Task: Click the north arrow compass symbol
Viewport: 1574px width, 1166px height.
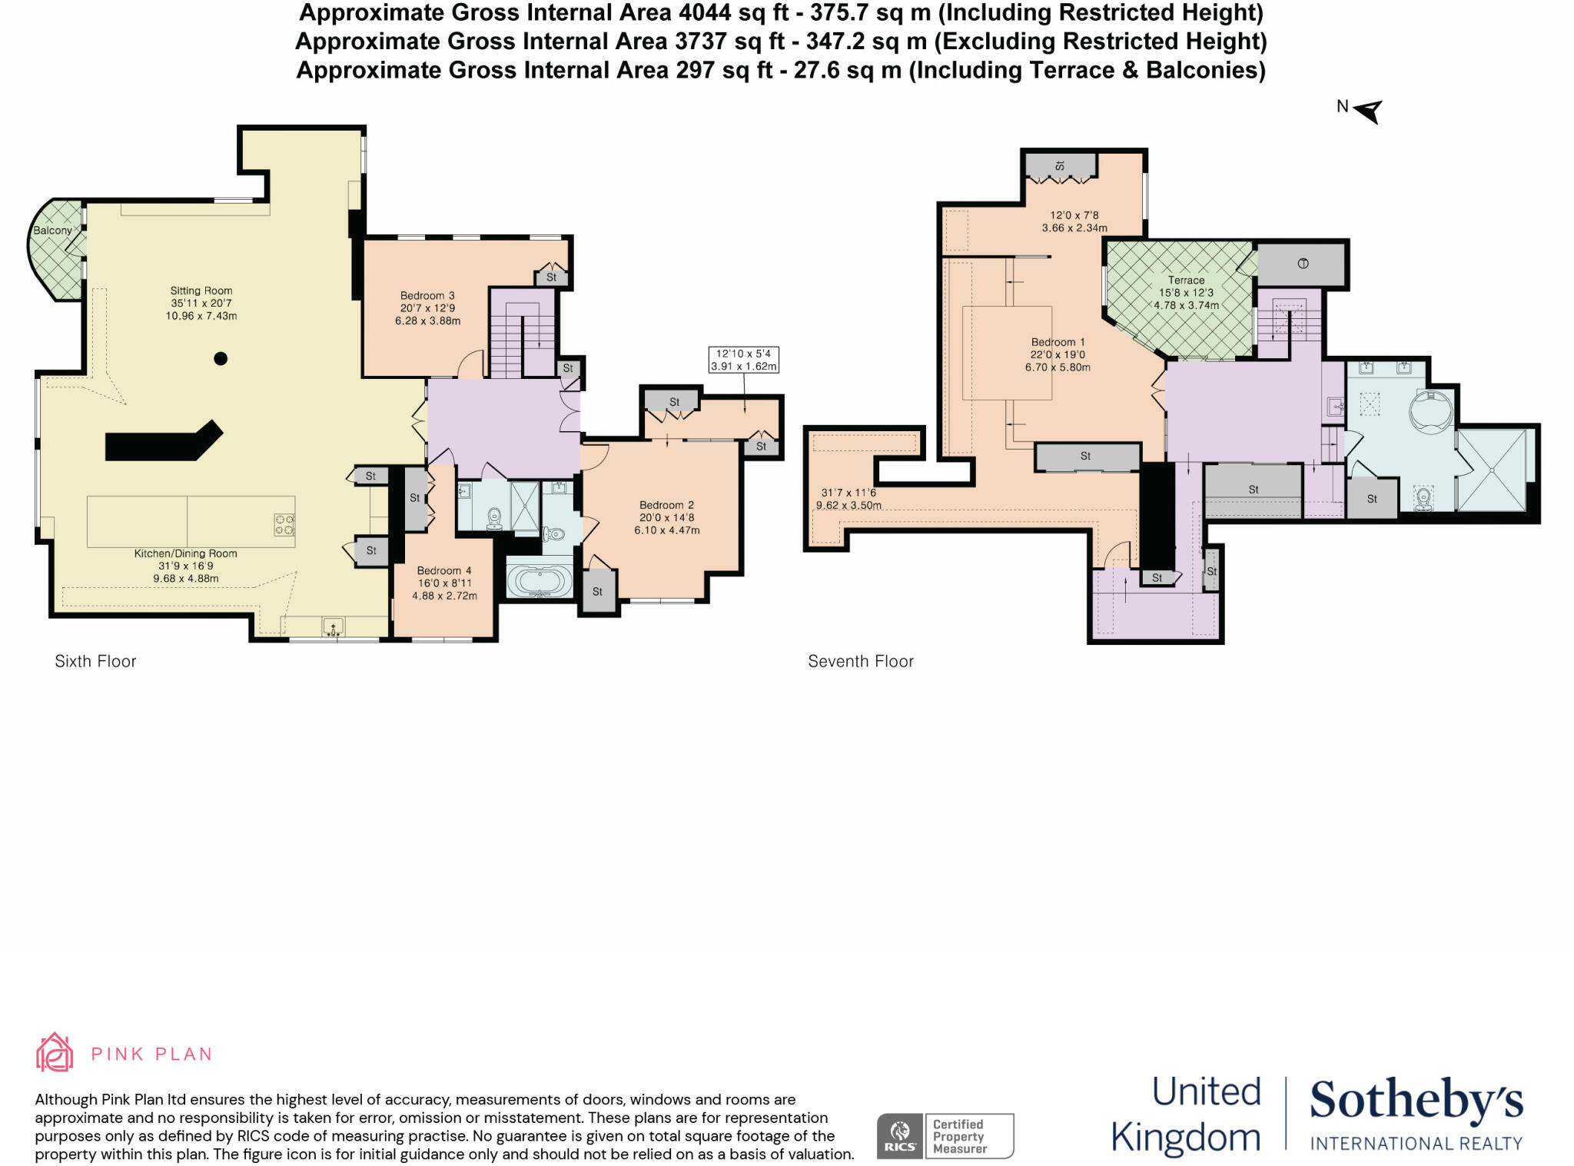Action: pos(1367,111)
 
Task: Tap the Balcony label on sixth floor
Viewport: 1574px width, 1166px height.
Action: pos(52,231)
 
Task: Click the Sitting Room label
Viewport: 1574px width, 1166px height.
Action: pos(201,291)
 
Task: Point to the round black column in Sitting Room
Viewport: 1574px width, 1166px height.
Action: pos(221,358)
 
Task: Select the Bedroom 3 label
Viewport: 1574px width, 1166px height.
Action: pos(427,295)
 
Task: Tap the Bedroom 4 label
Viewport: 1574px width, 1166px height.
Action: pos(444,570)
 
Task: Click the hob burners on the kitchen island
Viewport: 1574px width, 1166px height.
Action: pos(284,525)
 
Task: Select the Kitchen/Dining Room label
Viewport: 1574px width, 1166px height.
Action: pos(186,553)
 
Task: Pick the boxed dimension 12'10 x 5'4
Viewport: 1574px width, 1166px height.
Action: pos(743,360)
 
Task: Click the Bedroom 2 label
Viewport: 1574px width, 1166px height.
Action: pos(666,505)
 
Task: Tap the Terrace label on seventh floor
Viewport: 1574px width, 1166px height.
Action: pos(1186,281)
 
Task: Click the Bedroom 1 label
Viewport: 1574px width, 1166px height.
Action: pos(1058,342)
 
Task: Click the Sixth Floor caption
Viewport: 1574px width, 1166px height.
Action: pos(95,661)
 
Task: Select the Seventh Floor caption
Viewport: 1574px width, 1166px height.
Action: pos(860,661)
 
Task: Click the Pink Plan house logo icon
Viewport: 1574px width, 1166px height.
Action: pos(55,1052)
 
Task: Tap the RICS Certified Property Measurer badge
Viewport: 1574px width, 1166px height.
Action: pos(945,1135)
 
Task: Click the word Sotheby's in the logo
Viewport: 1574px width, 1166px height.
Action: pos(1416,1100)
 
